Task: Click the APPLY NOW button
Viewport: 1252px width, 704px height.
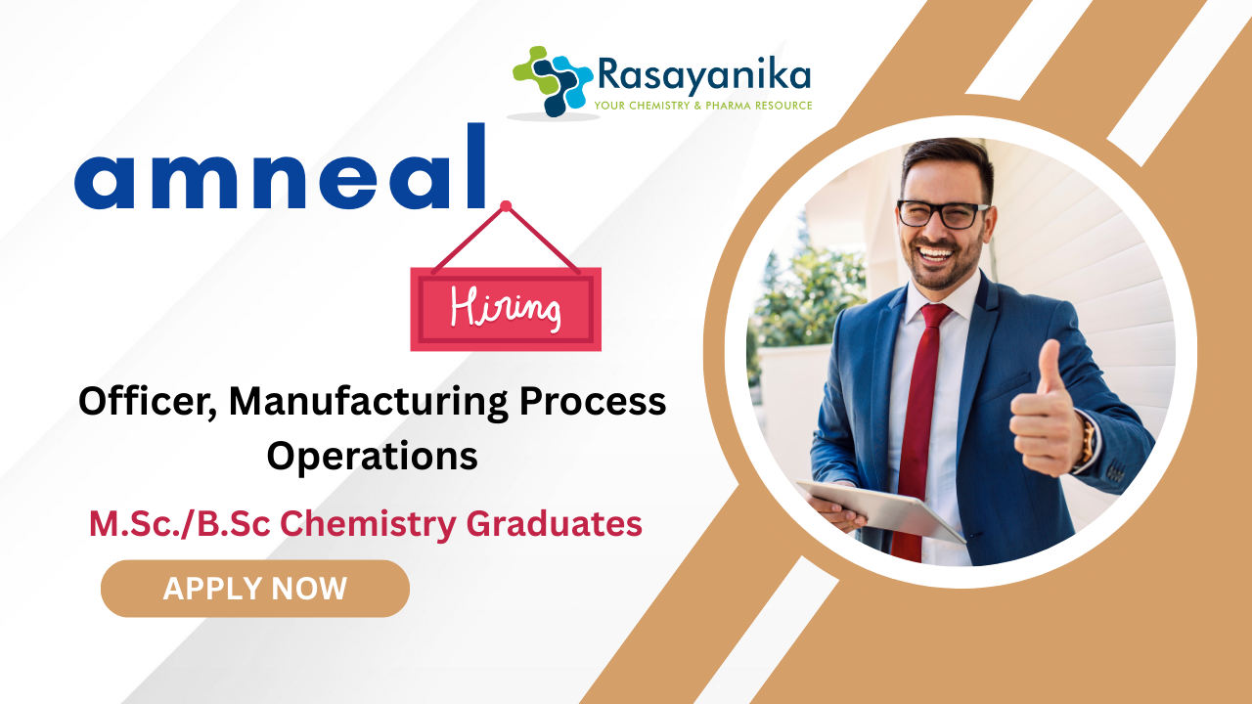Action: (x=255, y=589)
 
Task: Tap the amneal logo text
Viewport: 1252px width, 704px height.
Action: (x=280, y=166)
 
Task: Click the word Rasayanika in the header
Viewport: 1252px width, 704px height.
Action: (x=703, y=75)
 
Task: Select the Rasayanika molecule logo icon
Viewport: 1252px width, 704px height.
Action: (x=553, y=81)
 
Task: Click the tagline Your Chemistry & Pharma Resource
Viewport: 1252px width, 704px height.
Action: (x=703, y=106)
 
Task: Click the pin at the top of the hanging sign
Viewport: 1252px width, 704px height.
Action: (x=506, y=206)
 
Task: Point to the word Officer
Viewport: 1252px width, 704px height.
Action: (x=148, y=402)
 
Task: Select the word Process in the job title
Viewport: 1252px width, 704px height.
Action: (x=593, y=402)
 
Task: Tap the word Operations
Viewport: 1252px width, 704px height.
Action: (x=373, y=457)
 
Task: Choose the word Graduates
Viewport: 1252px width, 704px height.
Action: (x=554, y=524)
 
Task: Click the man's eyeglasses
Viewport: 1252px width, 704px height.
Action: (x=942, y=214)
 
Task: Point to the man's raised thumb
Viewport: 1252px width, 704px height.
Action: (x=1049, y=366)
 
